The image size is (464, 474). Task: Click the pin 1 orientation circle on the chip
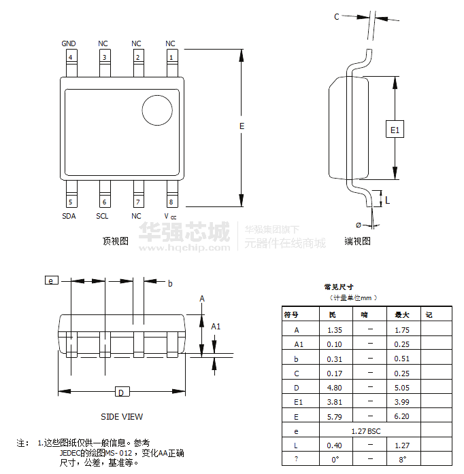[156, 111]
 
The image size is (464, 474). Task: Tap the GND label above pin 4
[69, 44]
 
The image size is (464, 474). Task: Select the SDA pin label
[69, 216]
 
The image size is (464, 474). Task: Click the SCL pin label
[102, 216]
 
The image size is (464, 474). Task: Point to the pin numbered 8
[171, 202]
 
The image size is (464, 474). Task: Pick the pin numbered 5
[70, 202]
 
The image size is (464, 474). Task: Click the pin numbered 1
[171, 57]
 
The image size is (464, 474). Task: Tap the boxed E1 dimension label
[395, 129]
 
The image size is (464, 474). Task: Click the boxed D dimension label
[120, 393]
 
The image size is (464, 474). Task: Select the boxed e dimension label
[51, 280]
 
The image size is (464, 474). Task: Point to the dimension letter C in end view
[336, 18]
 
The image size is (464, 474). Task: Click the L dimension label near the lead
[387, 200]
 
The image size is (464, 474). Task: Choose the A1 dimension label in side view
[216, 327]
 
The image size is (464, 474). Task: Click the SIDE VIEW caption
[122, 417]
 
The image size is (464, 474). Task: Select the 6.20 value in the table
[401, 416]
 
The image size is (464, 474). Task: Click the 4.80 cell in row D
[334, 388]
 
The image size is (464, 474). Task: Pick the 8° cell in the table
[401, 460]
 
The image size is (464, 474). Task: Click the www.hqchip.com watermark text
[184, 249]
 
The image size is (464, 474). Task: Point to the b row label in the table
[297, 359]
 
